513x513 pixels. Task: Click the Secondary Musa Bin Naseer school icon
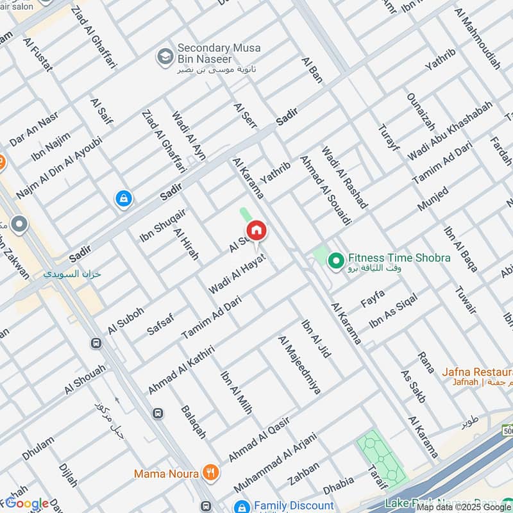coord(165,56)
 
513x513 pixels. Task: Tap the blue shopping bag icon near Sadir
coord(123,199)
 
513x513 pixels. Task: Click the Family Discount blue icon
coord(241,507)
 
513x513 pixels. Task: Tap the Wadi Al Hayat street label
coord(237,273)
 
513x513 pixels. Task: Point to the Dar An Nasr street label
coord(34,129)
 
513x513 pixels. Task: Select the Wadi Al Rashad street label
coord(344,177)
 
